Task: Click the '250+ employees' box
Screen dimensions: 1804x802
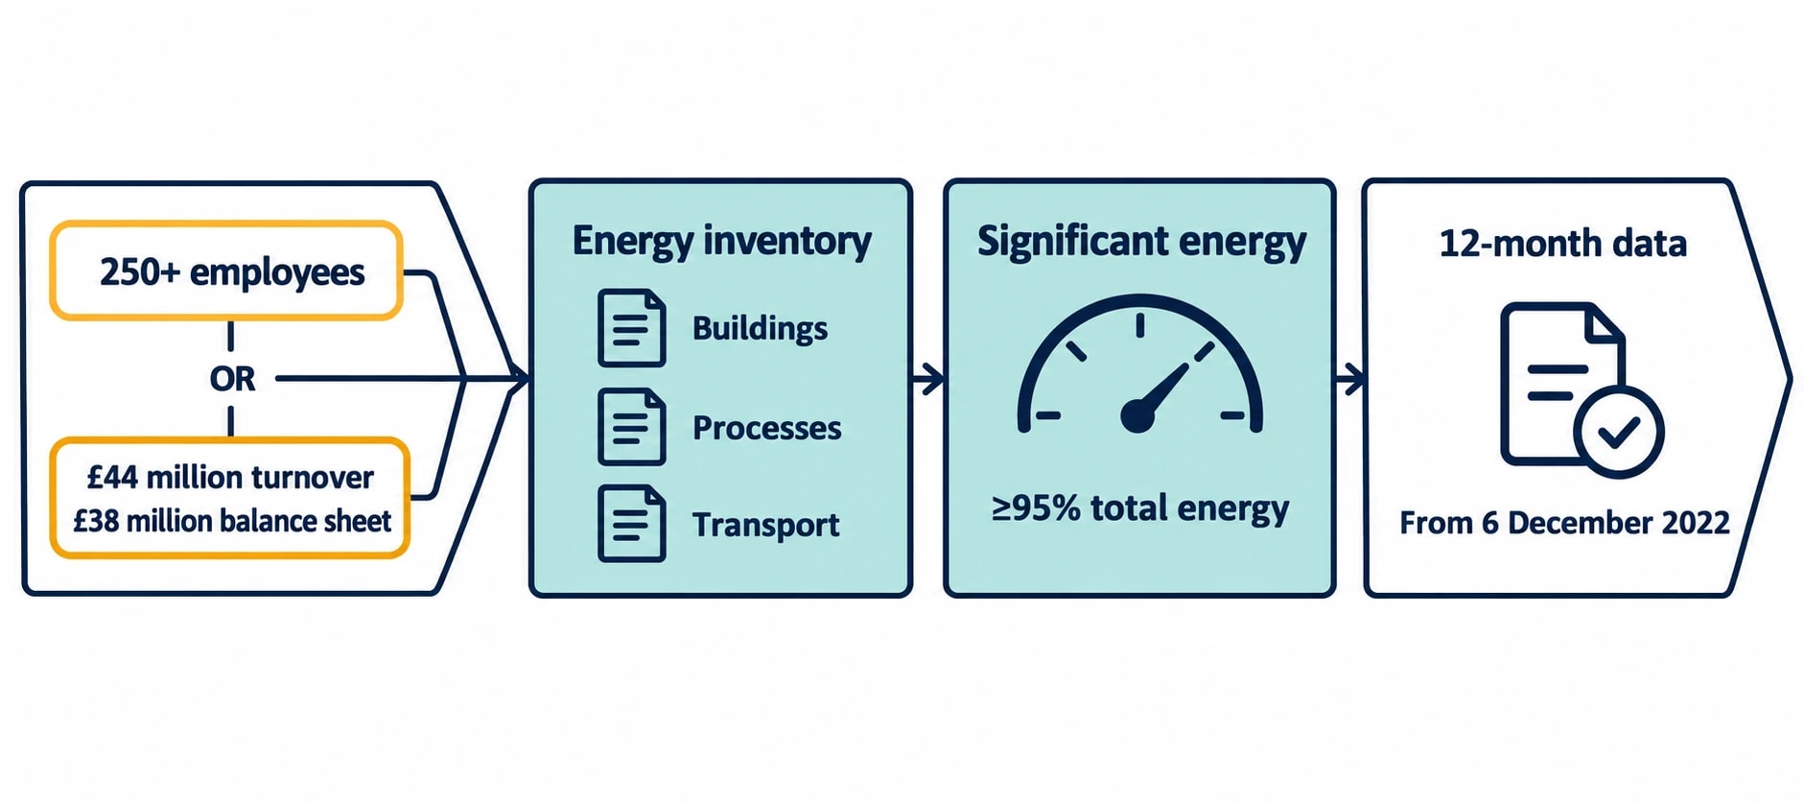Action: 226,271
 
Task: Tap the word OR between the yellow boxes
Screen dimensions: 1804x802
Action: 232,379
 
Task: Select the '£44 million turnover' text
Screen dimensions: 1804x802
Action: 230,477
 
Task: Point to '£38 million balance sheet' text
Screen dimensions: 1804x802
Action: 232,521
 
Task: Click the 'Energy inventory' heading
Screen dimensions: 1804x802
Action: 721,241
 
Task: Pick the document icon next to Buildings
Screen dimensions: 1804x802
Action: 631,328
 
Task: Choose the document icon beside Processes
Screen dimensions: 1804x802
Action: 631,427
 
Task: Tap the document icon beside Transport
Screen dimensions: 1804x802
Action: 631,524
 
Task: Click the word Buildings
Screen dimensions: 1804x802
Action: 760,328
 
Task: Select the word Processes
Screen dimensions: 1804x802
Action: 766,427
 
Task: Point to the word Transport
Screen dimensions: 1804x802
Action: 765,525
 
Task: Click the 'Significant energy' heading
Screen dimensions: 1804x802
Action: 1141,241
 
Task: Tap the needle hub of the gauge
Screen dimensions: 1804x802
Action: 1137,416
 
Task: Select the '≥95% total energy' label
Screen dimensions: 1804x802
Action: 1140,508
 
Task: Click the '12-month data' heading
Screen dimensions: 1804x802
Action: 1562,244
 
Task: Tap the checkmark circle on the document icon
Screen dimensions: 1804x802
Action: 1619,433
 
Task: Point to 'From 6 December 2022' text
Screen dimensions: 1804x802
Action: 1564,523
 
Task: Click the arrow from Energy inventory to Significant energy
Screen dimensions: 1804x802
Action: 927,379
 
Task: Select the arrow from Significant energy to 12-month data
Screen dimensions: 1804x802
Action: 1349,379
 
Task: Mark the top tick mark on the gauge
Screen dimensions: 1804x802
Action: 1139,325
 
